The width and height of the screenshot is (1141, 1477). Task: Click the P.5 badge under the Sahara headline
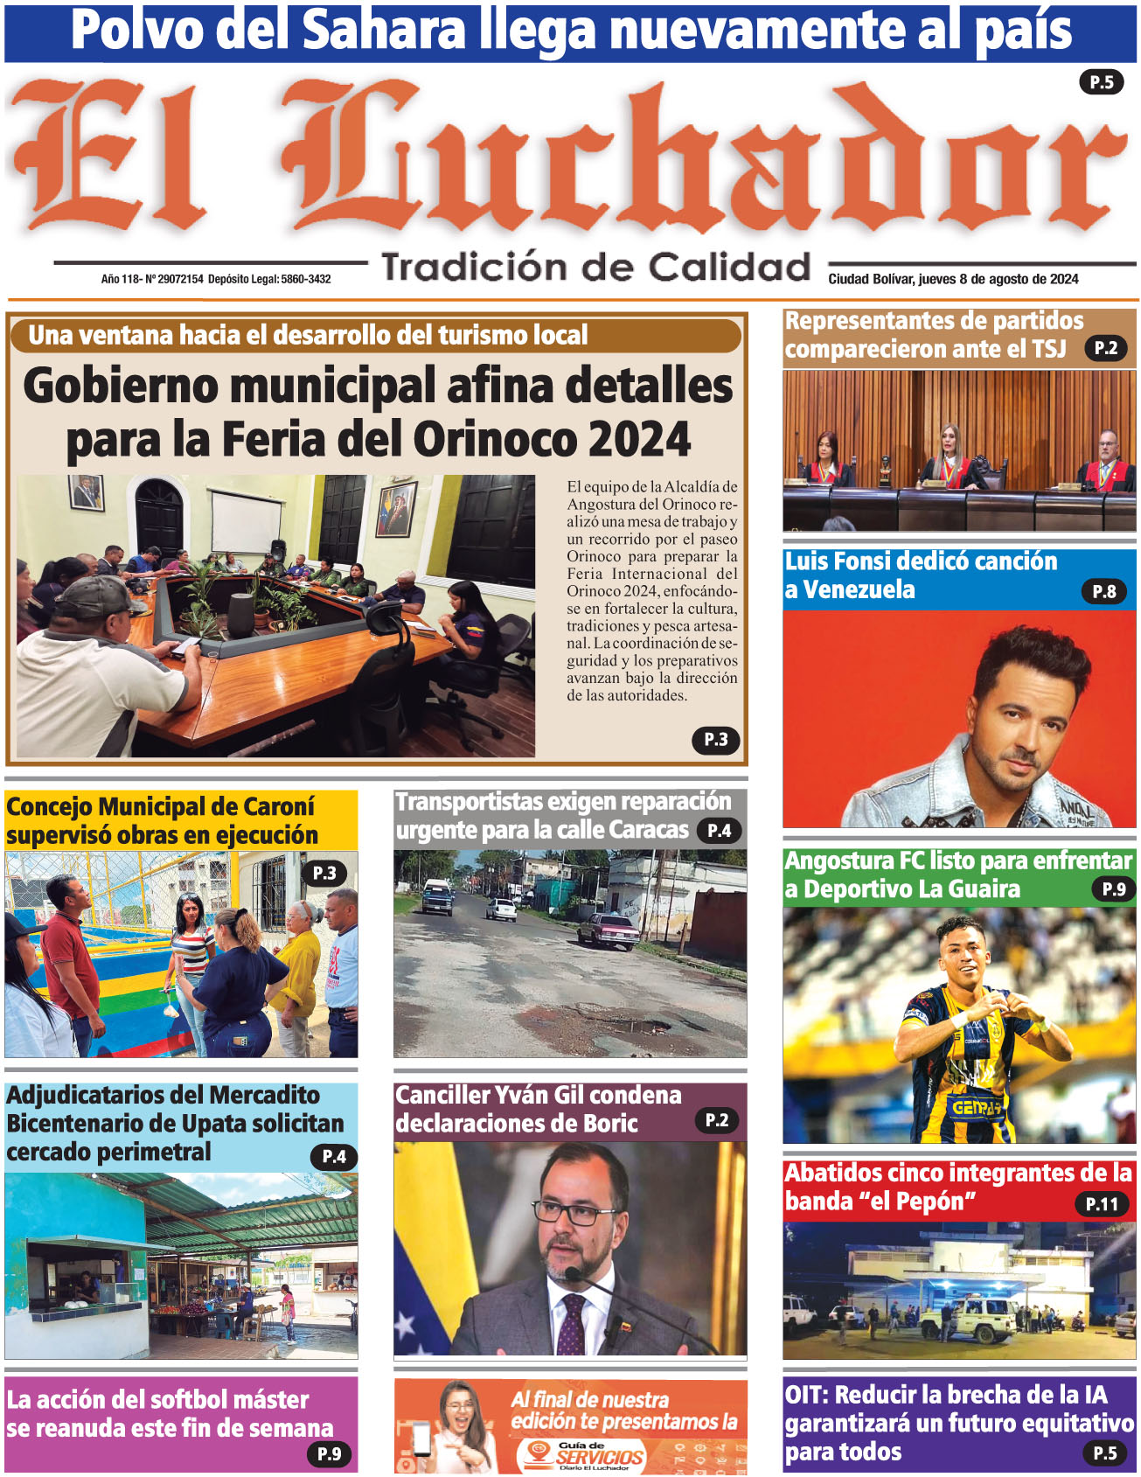pos(1101,82)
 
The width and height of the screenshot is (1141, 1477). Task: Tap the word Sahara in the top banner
pos(384,31)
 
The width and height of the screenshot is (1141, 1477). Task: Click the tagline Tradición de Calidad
pos(596,267)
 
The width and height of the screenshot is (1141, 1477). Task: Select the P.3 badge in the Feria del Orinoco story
pos(716,740)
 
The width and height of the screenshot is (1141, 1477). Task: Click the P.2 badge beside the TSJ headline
pos(1105,348)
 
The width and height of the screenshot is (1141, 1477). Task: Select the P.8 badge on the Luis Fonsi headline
pos(1103,592)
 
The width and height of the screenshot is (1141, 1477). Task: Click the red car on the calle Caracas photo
pos(609,930)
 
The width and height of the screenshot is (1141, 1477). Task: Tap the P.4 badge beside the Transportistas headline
pos(719,831)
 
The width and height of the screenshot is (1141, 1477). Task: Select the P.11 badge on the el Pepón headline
pos(1102,1204)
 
